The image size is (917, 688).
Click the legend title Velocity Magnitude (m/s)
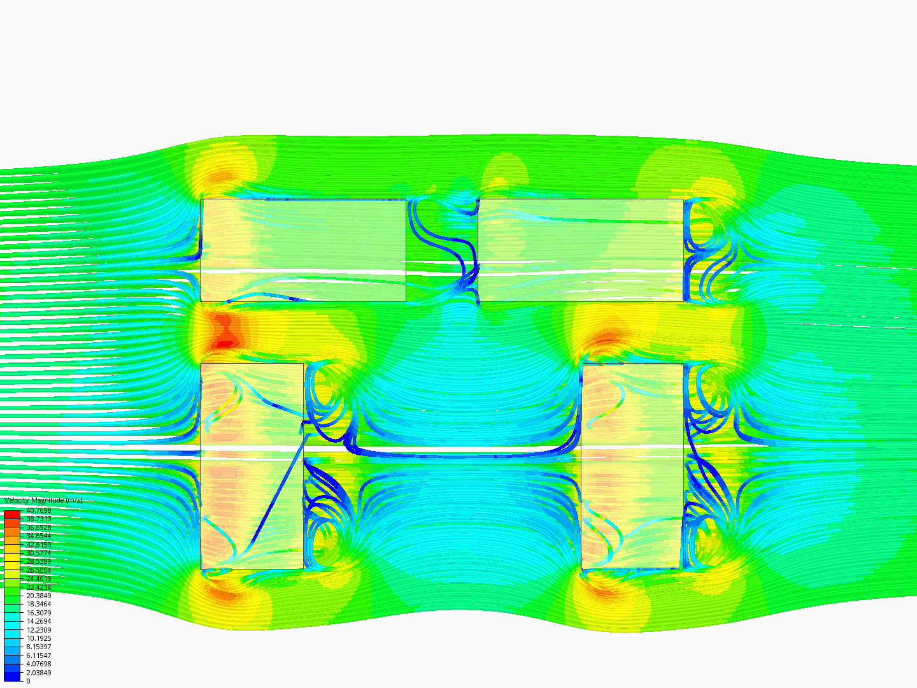(43, 500)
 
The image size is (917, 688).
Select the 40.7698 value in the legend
(38, 510)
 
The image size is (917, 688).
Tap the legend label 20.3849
(38, 596)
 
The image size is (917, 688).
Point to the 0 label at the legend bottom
(28, 681)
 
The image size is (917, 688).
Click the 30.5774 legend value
(38, 553)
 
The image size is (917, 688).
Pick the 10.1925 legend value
(38, 638)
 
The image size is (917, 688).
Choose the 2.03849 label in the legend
(38, 673)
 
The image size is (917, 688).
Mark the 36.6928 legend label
(38, 527)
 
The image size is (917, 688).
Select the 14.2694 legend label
(38, 621)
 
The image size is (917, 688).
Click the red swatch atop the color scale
(12, 515)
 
